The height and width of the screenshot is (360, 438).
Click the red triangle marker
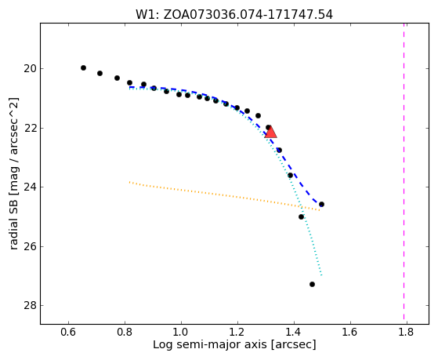point(270,133)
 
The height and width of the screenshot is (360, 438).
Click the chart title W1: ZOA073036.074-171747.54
point(234,15)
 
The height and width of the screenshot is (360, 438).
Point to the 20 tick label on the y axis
point(30,68)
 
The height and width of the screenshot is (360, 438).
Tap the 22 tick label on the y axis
point(30,128)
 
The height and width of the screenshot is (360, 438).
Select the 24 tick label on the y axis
point(30,187)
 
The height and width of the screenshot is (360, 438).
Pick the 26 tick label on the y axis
point(30,246)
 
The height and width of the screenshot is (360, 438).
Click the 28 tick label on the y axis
point(30,305)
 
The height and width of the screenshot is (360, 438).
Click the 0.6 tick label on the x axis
point(68,332)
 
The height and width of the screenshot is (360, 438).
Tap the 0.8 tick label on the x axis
point(125,332)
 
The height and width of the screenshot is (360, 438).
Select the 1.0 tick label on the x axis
point(181,332)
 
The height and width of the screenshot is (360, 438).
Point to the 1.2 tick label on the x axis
point(237,332)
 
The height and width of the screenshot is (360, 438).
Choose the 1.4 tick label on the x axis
point(294,332)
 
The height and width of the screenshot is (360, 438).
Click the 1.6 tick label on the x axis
point(350,332)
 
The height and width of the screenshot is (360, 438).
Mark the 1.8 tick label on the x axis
point(407,332)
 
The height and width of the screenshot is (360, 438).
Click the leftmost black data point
point(83,67)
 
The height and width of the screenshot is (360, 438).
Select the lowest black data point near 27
point(313,284)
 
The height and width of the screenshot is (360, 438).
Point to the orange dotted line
point(224,196)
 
